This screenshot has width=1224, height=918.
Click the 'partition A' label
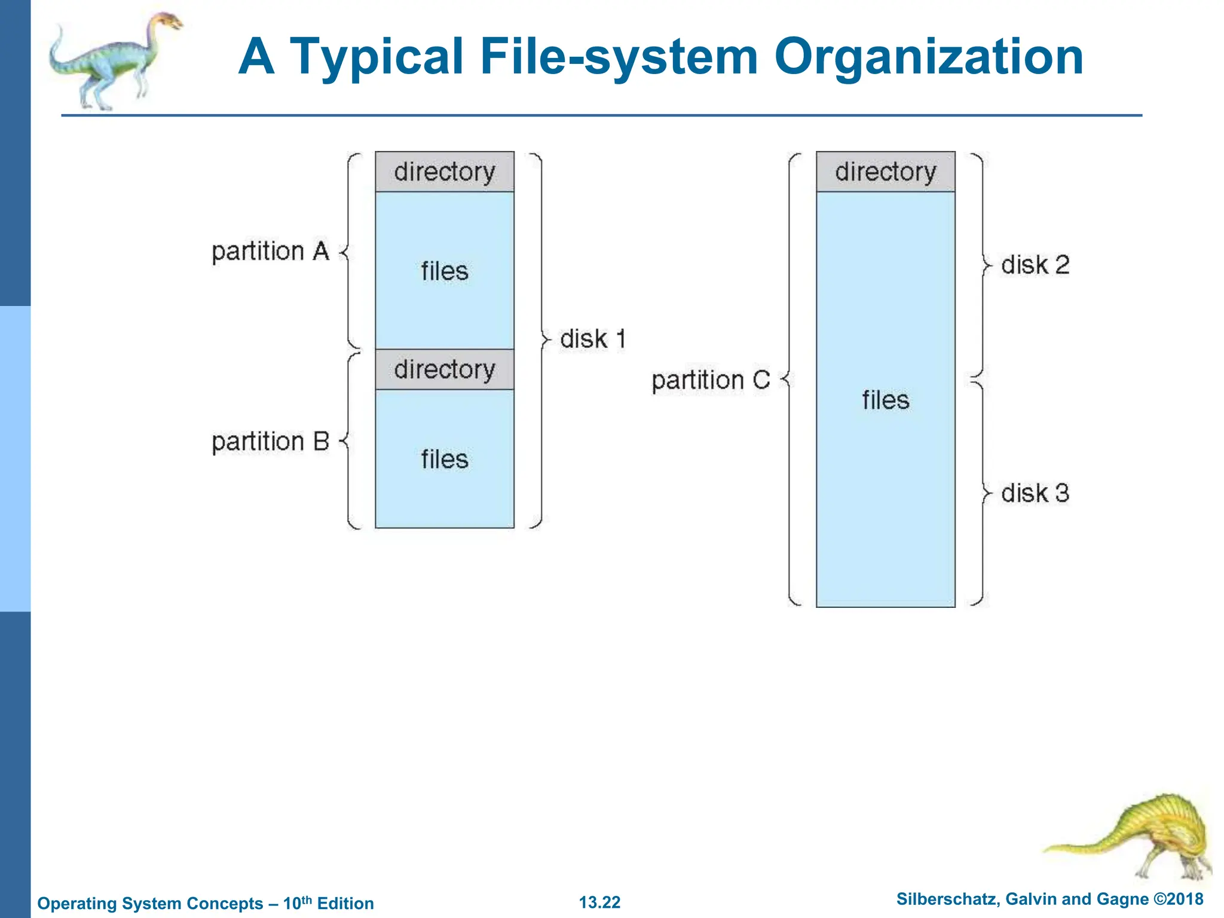click(270, 252)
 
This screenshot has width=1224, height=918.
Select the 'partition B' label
click(270, 442)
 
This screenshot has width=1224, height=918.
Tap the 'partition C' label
click(711, 380)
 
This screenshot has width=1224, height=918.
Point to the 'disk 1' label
click(592, 339)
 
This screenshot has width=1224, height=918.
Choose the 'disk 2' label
click(1035, 265)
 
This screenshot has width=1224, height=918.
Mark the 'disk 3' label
click(1035, 493)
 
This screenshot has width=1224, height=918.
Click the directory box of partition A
click(445, 172)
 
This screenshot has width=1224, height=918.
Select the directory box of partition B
click(445, 369)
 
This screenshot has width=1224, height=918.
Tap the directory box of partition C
click(886, 172)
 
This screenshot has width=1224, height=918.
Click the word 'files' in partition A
click(445, 271)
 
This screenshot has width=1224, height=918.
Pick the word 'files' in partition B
click(445, 460)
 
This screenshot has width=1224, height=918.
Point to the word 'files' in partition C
click(886, 400)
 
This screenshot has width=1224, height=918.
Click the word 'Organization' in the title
click(928, 57)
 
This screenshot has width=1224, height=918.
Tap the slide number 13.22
click(599, 902)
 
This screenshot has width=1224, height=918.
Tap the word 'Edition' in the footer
click(345, 904)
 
